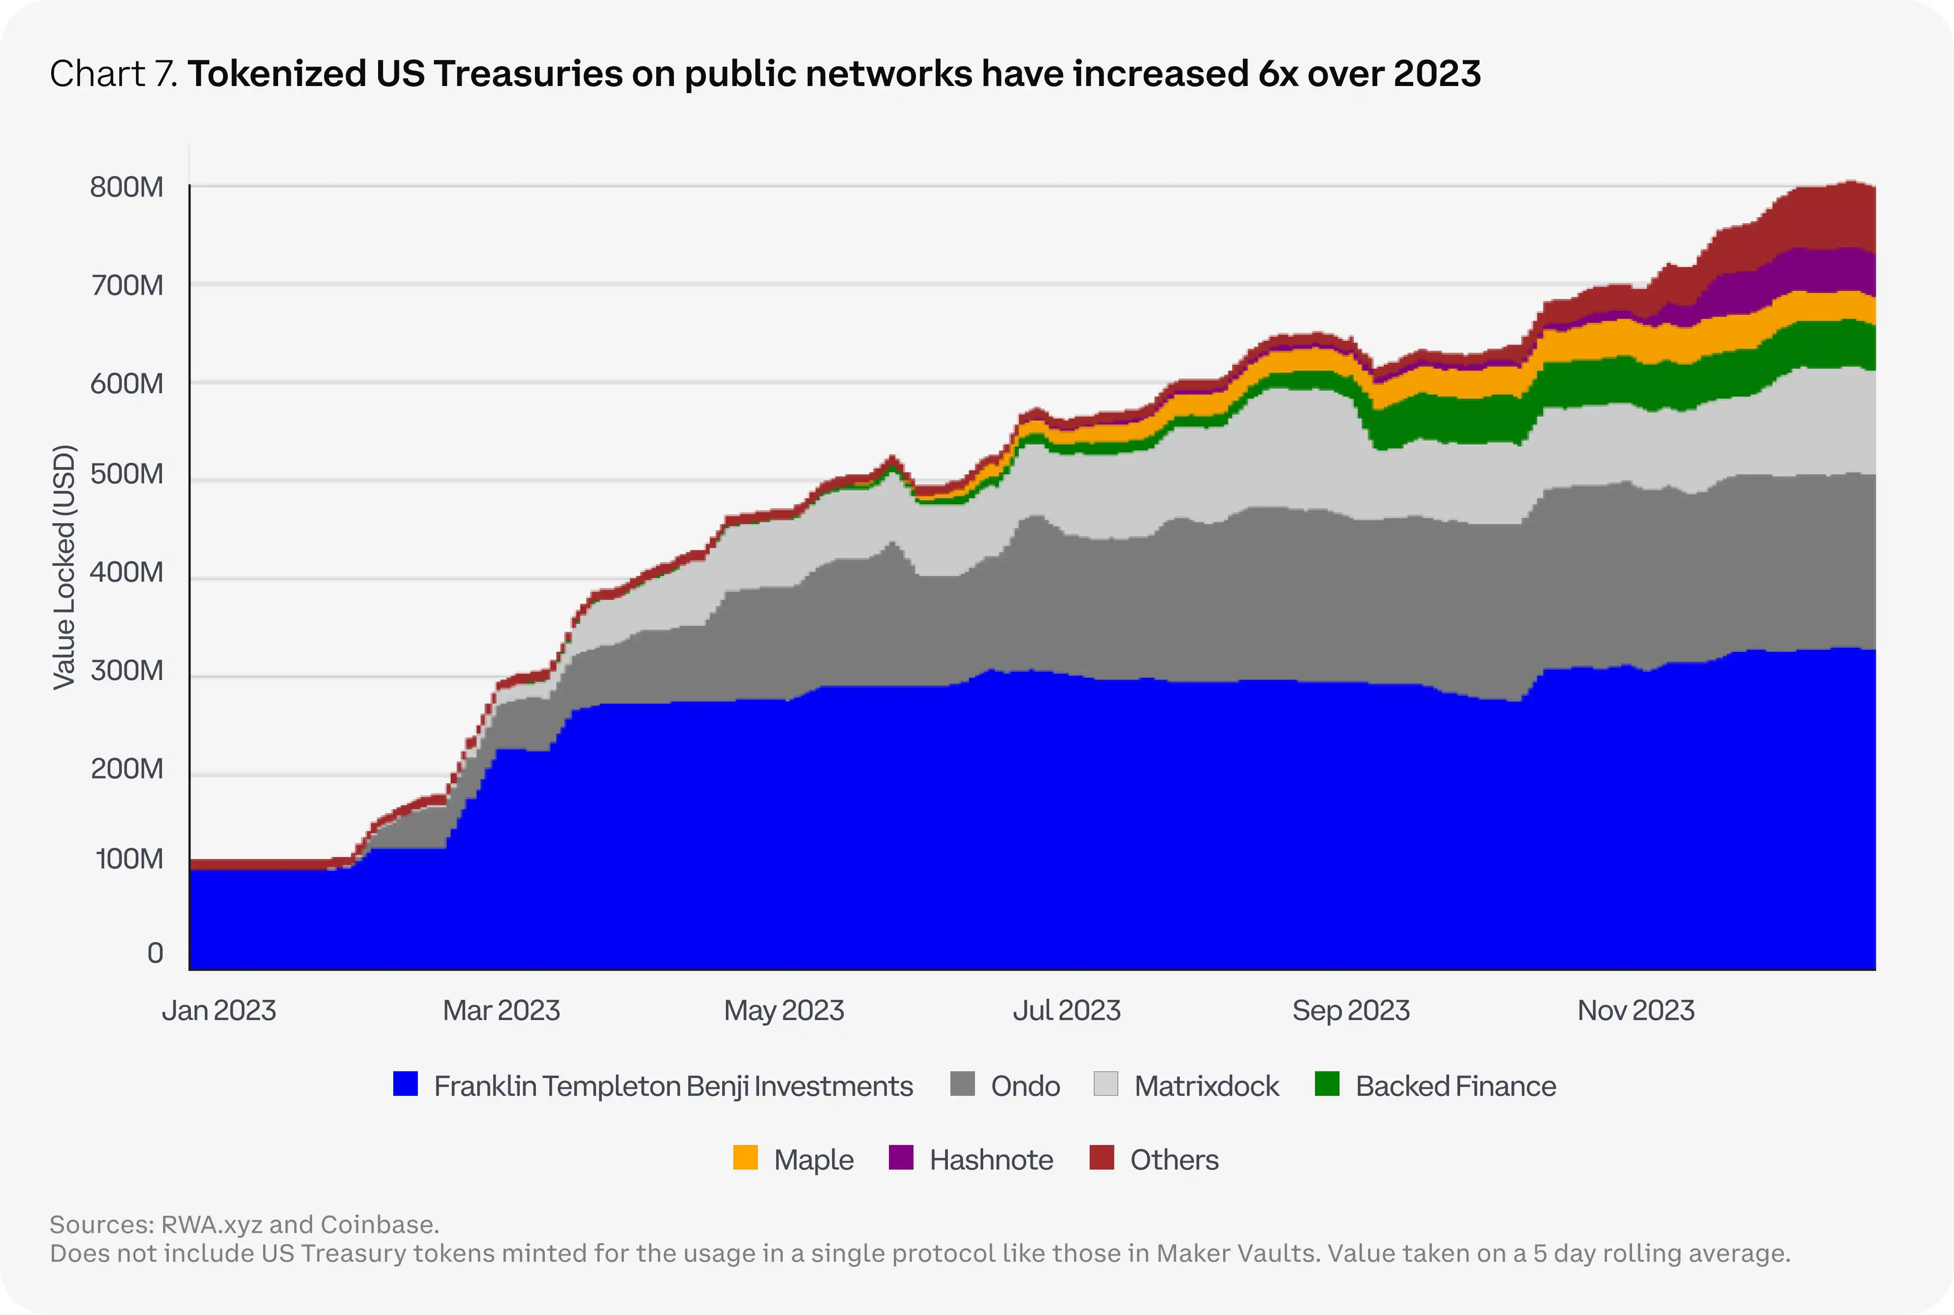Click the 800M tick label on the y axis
point(127,187)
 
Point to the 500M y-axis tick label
point(127,475)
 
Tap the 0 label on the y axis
point(155,954)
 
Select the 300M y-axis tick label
point(127,671)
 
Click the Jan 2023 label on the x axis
point(219,1011)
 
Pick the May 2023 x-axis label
point(784,1011)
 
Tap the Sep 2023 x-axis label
point(1351,1011)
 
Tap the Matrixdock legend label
point(1206,1086)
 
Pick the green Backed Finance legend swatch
point(1327,1084)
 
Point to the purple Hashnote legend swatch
point(901,1158)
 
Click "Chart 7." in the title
point(114,74)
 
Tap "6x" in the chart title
point(1278,74)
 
